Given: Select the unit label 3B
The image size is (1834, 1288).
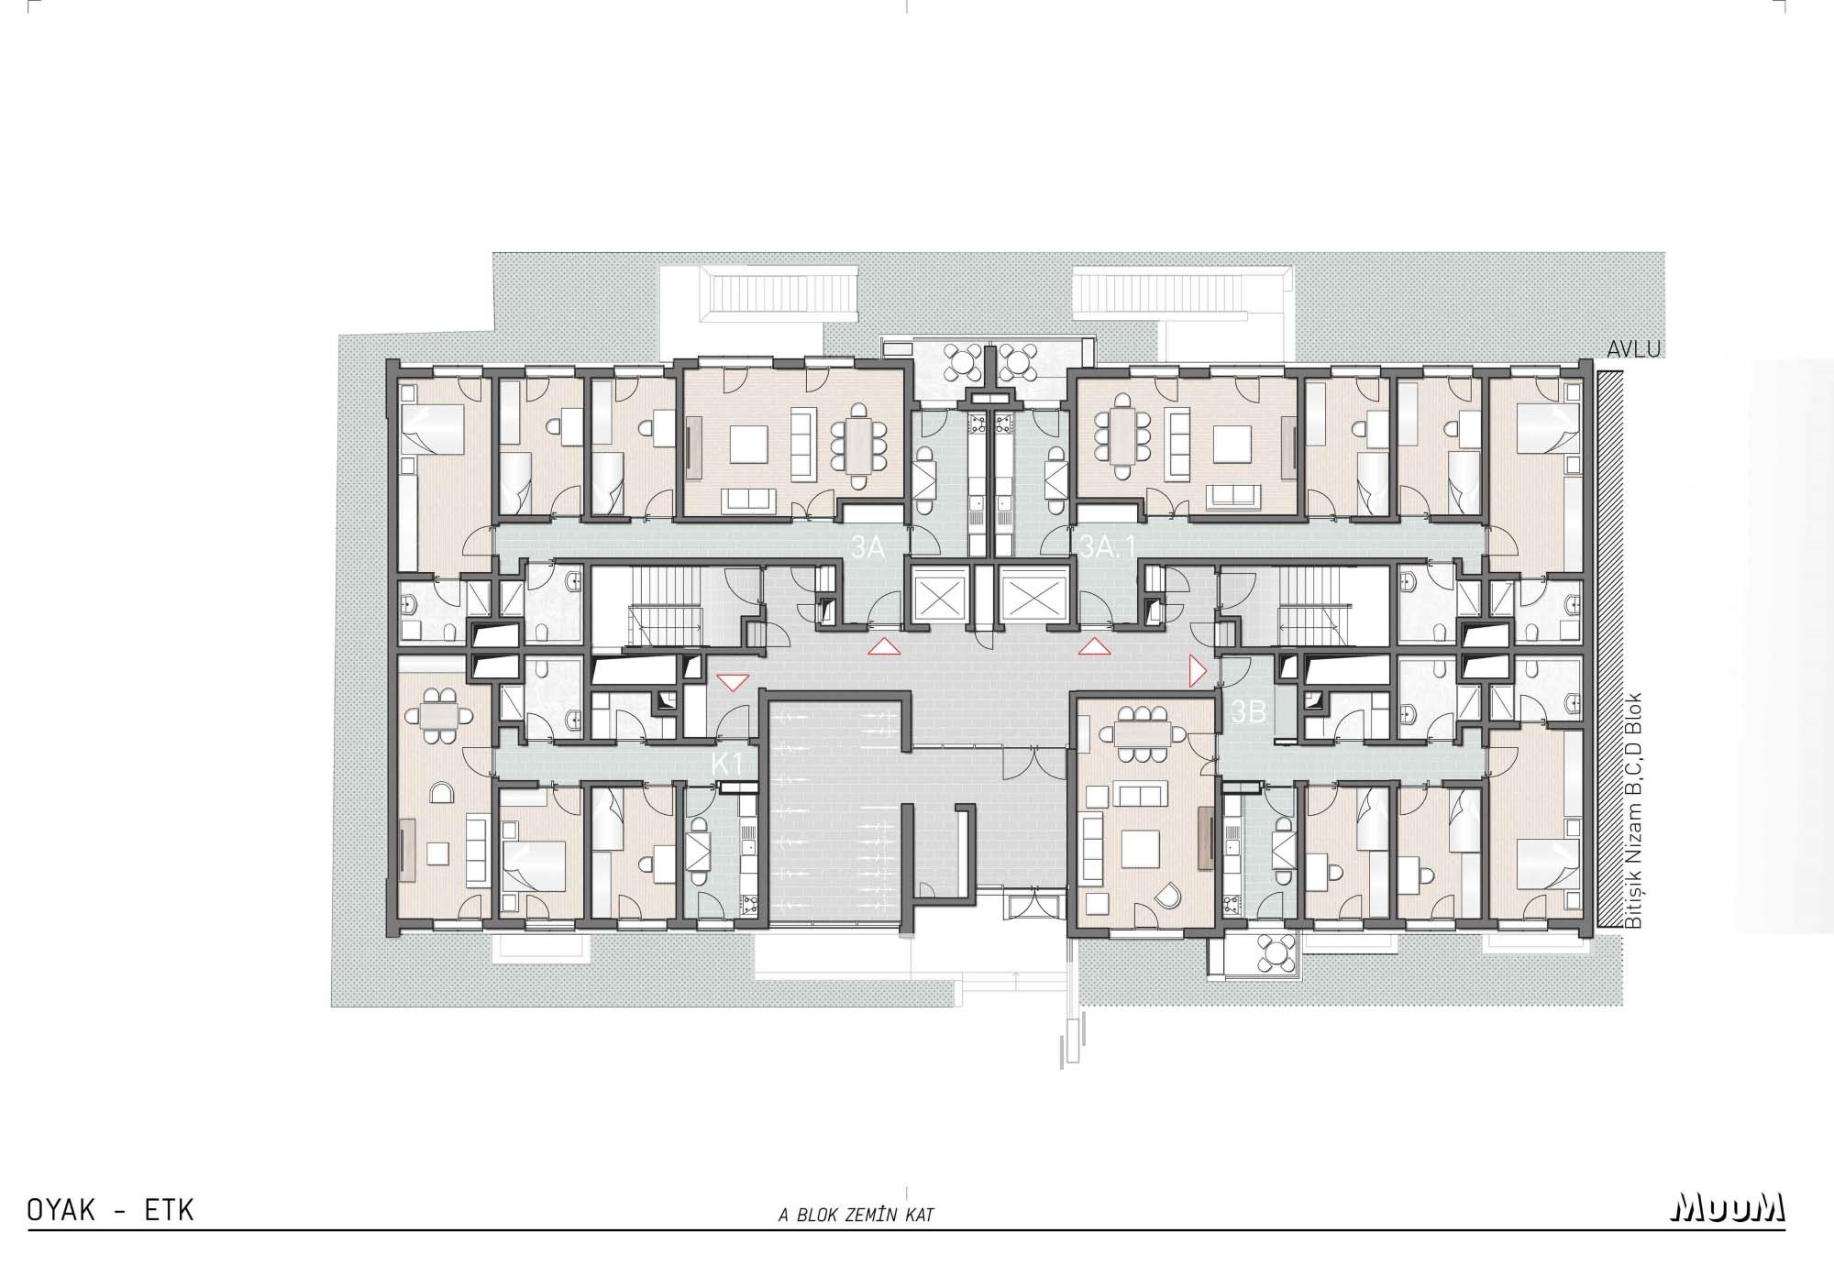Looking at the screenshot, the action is pos(1248,712).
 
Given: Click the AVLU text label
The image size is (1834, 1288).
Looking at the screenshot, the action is pos(1634,349).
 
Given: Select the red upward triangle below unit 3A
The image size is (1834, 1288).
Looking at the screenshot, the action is pos(883,648).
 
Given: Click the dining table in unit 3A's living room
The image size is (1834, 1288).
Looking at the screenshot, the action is pos(858,446).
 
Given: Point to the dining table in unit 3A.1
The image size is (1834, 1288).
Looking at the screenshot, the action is pos(1123,435).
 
